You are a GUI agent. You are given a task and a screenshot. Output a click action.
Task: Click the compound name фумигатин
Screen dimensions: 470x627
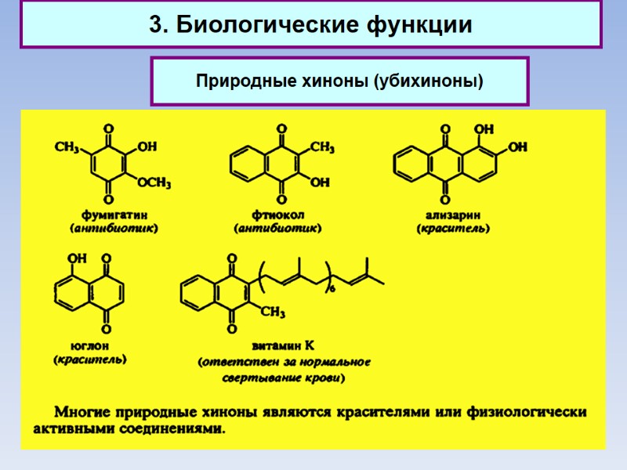click(115, 214)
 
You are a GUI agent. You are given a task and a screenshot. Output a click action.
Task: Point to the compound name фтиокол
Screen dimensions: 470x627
click(279, 214)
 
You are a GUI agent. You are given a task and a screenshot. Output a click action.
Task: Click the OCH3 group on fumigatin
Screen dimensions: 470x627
click(154, 183)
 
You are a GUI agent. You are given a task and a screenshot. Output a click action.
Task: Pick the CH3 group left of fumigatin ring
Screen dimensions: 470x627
click(68, 146)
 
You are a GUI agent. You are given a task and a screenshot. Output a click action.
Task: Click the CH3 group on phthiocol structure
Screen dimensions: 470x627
click(322, 146)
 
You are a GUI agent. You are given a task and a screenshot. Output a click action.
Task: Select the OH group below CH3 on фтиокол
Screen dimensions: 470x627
click(320, 183)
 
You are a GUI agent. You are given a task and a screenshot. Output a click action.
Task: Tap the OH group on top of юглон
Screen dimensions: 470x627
click(77, 258)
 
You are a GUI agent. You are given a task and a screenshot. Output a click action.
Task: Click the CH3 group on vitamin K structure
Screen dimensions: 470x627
click(271, 313)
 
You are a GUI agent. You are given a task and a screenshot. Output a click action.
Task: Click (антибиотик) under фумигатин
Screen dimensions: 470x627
click(114, 229)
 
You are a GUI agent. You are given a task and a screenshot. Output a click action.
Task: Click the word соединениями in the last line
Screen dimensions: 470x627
click(174, 429)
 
